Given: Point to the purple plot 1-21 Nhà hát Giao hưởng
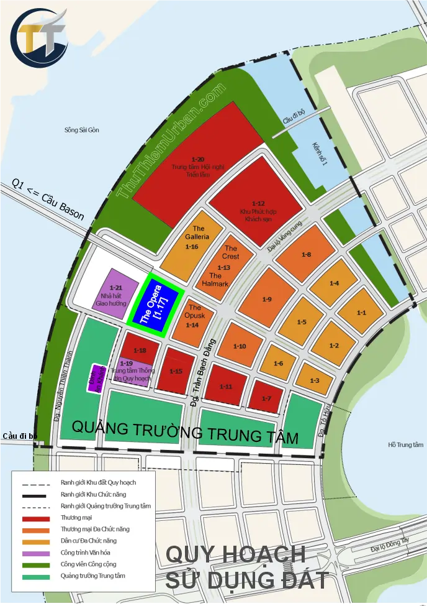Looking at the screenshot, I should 115,292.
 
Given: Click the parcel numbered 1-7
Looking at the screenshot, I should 266,396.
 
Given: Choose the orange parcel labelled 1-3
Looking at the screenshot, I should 315,379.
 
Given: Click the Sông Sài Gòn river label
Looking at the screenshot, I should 81,131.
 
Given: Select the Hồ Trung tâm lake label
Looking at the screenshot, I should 405,444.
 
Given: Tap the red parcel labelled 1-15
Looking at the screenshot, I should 176,371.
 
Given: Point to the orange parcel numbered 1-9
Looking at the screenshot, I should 266,299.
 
